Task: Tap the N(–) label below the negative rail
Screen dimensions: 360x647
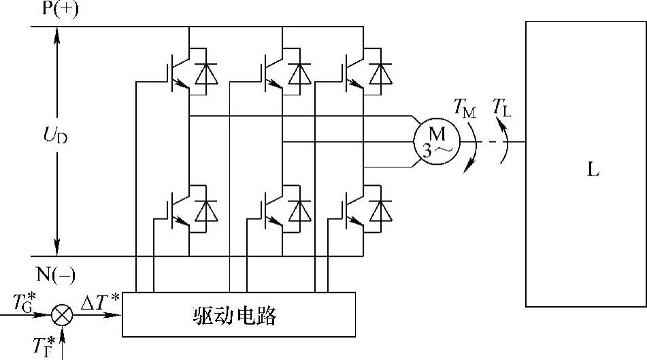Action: pos(54,274)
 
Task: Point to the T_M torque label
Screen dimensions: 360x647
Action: pos(465,107)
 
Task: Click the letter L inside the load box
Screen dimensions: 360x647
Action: pos(593,169)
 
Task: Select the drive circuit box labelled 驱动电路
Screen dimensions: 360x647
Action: pos(239,314)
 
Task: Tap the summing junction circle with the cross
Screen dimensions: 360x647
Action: pos(63,314)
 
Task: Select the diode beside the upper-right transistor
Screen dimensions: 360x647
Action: pos(382,73)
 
